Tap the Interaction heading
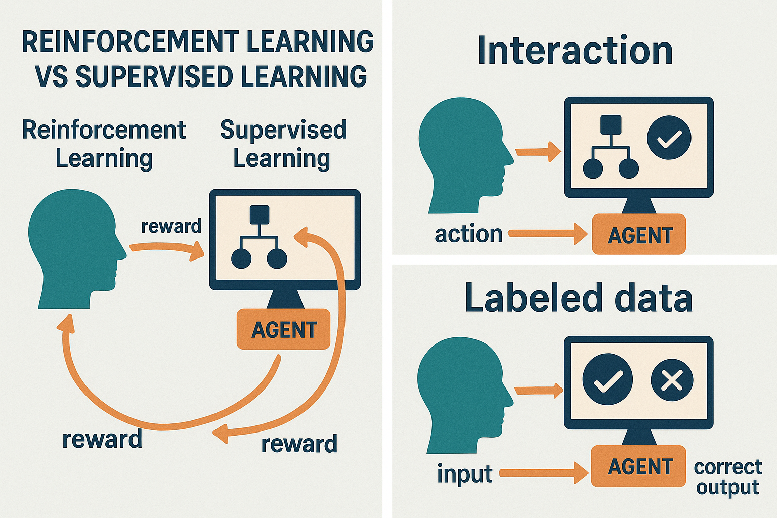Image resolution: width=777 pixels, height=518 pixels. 575,51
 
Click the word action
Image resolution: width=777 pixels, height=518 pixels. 468,234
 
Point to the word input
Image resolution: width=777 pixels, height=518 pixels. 464,474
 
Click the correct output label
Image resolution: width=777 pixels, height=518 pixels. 727,477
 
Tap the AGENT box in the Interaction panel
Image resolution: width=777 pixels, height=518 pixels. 639,235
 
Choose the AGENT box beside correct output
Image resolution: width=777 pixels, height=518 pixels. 639,466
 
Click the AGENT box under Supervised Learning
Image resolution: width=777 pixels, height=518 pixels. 283,330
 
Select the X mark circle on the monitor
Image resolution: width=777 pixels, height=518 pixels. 672,379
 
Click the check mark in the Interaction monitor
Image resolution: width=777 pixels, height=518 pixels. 669,138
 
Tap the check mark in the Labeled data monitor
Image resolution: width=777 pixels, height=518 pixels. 608,379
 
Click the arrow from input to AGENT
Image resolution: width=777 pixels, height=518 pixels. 544,473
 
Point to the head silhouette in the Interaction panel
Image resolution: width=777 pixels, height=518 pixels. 463,154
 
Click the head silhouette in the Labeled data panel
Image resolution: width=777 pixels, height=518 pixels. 461,395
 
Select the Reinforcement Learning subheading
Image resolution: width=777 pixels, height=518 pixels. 104,144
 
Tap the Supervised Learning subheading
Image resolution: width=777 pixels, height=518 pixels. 283,144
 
